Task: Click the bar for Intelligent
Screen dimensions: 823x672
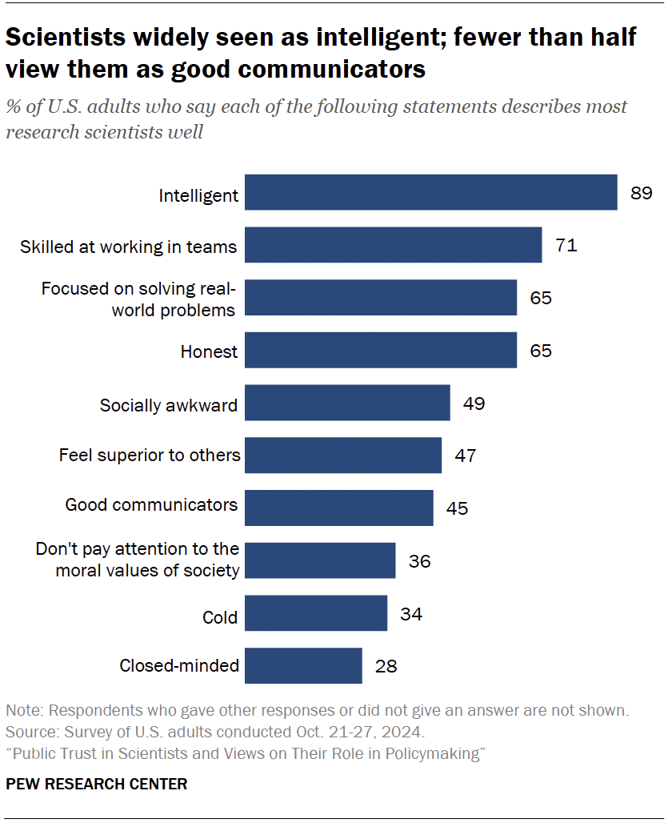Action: point(430,193)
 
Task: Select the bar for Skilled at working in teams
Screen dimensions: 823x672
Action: point(393,245)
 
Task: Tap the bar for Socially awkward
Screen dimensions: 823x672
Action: point(347,403)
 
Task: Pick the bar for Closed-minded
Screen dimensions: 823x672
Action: point(303,665)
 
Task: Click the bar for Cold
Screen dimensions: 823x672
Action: point(316,613)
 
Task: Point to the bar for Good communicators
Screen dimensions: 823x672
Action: point(338,508)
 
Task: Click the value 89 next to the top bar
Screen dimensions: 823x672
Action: point(641,193)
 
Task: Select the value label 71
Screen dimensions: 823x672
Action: point(566,245)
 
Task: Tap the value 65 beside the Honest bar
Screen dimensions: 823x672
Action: point(541,351)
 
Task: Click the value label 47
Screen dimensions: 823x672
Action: point(466,456)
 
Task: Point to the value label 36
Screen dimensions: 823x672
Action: point(419,561)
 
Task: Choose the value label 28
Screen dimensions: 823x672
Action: point(386,665)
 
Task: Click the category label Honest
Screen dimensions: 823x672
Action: point(210,351)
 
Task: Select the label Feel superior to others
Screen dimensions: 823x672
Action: point(150,456)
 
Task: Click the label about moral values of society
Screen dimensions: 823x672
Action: point(138,560)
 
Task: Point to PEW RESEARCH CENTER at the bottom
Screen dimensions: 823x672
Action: point(97,784)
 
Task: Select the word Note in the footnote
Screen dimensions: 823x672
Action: point(22,711)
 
